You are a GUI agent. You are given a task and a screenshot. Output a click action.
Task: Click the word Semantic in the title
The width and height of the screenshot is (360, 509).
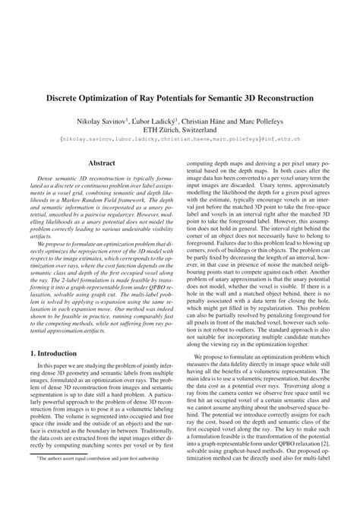[x=230, y=100]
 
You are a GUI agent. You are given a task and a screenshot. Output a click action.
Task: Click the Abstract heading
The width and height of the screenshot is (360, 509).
[x=102, y=163]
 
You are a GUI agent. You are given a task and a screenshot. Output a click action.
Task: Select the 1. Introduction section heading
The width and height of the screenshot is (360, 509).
[x=51, y=353]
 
